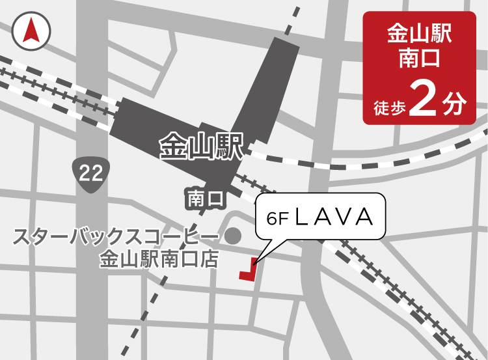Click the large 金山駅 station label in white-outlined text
201,147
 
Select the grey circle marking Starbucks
233,234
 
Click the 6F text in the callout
277,218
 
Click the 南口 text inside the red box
424,60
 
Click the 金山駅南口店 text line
157,259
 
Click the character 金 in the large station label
173,147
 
